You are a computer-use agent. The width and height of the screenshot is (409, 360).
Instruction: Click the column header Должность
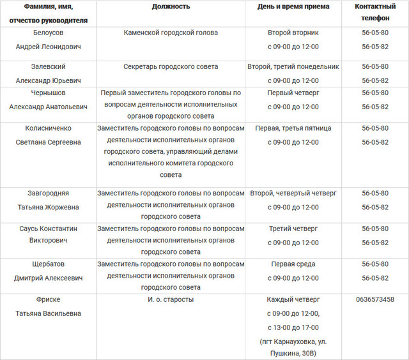[x=171, y=6]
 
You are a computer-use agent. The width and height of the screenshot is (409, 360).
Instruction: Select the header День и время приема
[x=293, y=6]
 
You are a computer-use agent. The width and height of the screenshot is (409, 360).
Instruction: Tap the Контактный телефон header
[x=375, y=13]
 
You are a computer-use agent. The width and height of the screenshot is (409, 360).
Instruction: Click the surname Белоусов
[x=48, y=33]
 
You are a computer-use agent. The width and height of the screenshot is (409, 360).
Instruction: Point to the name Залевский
[x=48, y=67]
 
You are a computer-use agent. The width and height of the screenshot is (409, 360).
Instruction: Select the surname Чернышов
[x=48, y=93]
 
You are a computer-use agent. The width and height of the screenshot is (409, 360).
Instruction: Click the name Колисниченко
[x=48, y=128]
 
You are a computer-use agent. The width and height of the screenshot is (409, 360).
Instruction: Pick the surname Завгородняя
[x=48, y=193]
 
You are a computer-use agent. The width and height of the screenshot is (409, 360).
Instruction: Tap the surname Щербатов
[x=48, y=264]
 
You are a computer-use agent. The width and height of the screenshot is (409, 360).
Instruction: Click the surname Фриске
[x=48, y=299]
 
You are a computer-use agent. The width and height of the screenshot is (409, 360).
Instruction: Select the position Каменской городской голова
[x=171, y=33]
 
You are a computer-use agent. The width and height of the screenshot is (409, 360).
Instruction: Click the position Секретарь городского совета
[x=171, y=67]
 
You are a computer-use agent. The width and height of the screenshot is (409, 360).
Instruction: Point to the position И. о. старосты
[x=171, y=299]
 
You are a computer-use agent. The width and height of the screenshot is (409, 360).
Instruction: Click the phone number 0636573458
[x=375, y=299]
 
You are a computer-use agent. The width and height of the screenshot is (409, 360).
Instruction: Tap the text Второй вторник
[x=293, y=33]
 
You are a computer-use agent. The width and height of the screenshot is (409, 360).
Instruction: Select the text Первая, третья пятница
[x=293, y=128]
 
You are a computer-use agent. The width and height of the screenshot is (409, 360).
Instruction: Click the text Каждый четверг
[x=293, y=299]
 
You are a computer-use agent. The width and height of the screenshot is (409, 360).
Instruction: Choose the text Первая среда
[x=293, y=264]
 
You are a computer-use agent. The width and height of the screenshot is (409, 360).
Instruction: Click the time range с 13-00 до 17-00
[x=293, y=327]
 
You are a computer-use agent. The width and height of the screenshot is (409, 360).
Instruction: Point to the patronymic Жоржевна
[x=48, y=207]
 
